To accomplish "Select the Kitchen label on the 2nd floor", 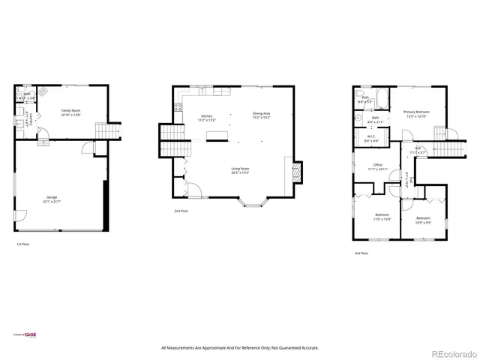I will (205, 115).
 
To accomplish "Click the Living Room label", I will (240, 169).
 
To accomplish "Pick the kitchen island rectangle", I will (219, 136).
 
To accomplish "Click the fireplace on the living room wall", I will (295, 174).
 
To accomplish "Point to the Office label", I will (378, 166).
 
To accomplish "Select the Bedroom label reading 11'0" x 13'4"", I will (382, 217).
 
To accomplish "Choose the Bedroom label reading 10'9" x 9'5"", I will (423, 219).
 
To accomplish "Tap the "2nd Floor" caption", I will (181, 211).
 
